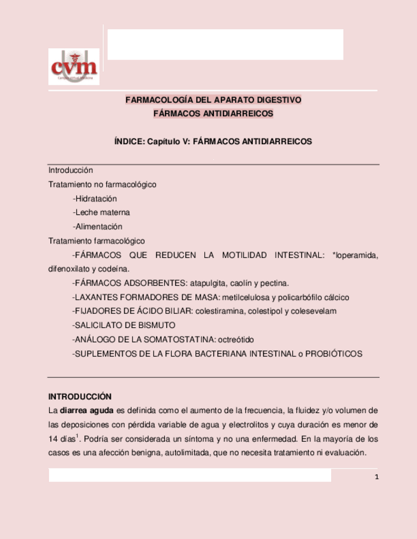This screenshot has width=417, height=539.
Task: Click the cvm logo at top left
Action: pyautogui.click(x=74, y=67)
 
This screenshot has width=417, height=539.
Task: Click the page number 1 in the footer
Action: pyautogui.click(x=377, y=477)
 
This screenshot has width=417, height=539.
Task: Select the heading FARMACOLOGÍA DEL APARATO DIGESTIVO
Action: pyautogui.click(x=213, y=100)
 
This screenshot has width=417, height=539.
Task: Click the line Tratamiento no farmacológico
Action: pyautogui.click(x=102, y=184)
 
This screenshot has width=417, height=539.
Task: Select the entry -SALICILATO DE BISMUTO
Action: pyautogui.click(x=124, y=325)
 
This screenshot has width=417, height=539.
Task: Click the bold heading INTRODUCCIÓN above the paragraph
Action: pyautogui.click(x=80, y=396)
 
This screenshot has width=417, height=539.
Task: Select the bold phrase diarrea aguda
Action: pyautogui.click(x=84, y=410)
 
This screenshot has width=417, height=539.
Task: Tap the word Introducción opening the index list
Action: pyautogui.click(x=71, y=170)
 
